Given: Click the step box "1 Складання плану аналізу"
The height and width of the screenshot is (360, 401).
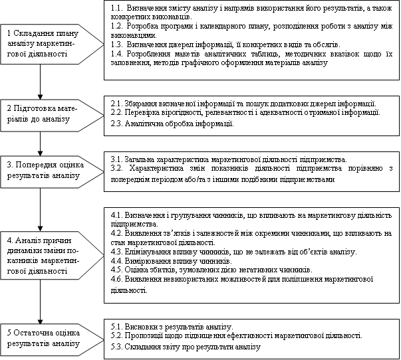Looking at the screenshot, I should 41,44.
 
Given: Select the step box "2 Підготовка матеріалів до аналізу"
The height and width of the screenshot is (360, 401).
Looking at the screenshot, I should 41,113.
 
